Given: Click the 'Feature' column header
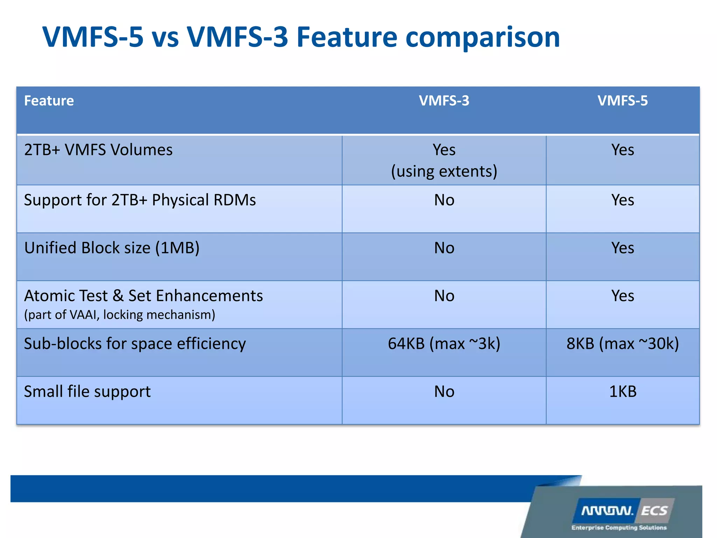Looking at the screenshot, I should point(49,101).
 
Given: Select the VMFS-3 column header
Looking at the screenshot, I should point(444,101).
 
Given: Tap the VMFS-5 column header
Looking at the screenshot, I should point(622,101).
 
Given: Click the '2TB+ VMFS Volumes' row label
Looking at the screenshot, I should point(98,150).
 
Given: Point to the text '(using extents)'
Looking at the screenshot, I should point(444,171).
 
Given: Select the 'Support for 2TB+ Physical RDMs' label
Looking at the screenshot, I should point(140,200).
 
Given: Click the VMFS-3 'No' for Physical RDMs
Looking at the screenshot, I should point(444,200).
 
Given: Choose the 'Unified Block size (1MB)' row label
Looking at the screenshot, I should point(112,248).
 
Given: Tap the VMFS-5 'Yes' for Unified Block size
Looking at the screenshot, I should point(622,248).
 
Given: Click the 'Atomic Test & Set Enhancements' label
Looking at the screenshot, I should point(144,296).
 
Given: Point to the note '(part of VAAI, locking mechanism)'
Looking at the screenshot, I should point(120,315).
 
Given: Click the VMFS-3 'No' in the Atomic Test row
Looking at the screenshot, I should point(444,296).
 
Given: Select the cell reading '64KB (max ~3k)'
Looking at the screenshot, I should point(444,344).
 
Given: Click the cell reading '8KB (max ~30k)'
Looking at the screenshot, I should point(622,344).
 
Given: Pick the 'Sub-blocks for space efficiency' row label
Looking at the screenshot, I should point(135,344).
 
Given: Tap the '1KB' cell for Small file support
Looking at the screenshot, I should point(622,392).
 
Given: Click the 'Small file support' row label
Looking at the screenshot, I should point(88,392).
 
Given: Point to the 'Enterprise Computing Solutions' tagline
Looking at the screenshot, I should point(619,527).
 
